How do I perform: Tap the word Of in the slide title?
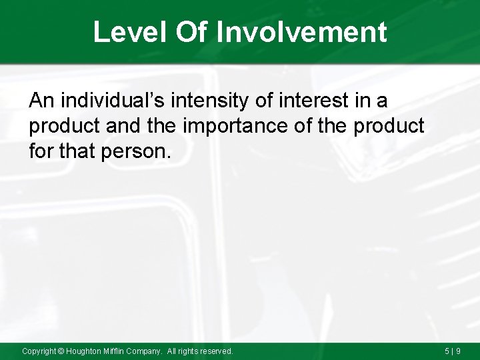189,32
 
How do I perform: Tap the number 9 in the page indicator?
459,351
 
